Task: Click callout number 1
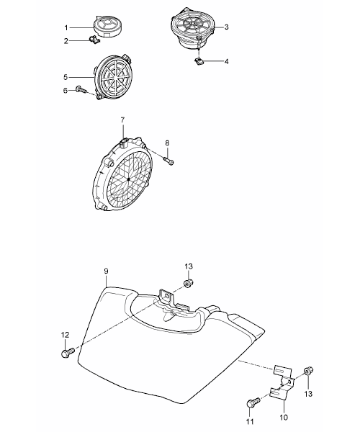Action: coord(66,27)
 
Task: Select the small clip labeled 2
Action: coord(94,40)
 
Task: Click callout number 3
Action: coord(226,27)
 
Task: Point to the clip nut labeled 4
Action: coord(199,61)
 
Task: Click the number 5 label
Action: coord(66,77)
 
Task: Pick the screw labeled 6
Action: coord(81,89)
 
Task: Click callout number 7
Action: coord(122,120)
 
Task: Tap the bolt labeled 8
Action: coord(168,160)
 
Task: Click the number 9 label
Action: coord(107,271)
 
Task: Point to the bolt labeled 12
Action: coord(68,353)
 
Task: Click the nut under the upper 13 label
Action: coord(189,283)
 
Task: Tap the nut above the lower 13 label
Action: coord(308,371)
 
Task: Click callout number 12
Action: coord(65,336)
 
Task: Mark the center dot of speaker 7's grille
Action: coord(128,179)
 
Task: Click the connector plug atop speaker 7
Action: coord(124,142)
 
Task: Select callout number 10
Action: coord(284,418)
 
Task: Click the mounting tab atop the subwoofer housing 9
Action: coord(166,296)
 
